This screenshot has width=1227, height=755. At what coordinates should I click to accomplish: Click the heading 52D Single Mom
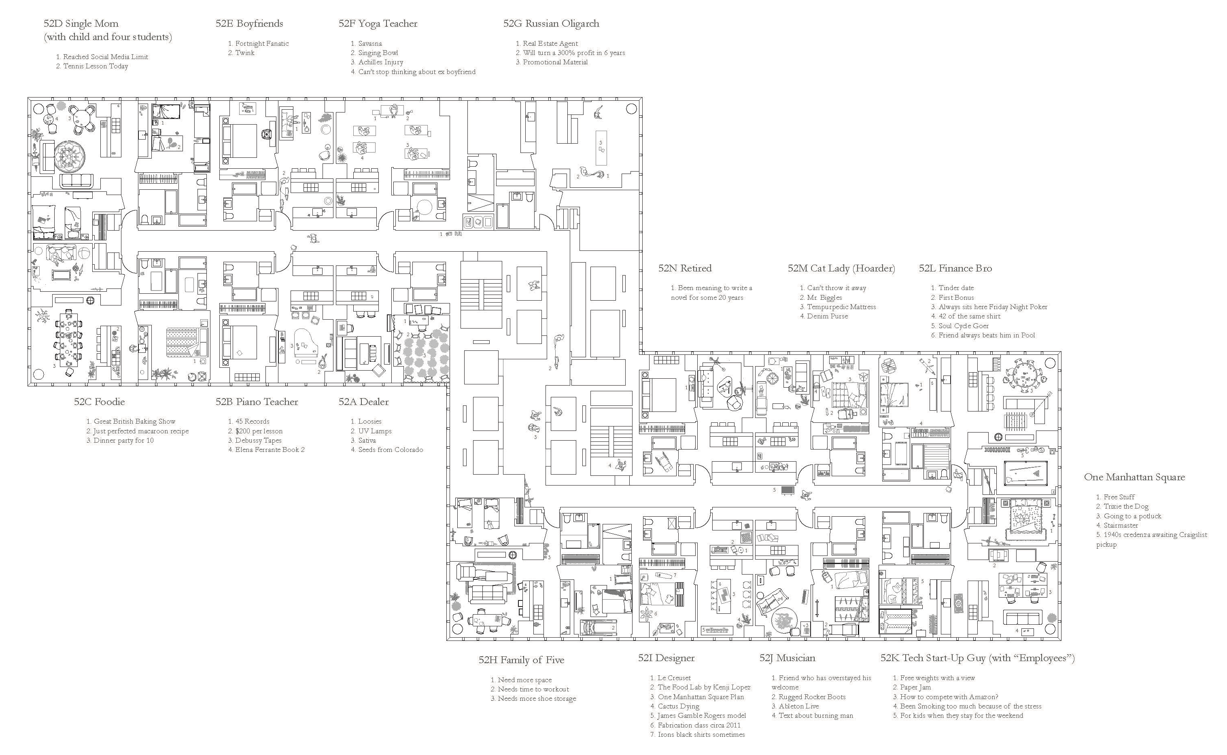pyautogui.click(x=81, y=23)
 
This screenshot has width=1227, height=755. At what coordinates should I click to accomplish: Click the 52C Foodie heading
pyautogui.click(x=100, y=401)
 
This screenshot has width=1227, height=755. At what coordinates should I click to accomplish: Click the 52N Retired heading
pyautogui.click(x=685, y=268)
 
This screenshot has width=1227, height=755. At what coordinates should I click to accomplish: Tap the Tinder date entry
pyautogui.click(x=956, y=288)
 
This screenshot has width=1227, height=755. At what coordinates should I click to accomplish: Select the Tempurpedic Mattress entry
pyautogui.click(x=841, y=307)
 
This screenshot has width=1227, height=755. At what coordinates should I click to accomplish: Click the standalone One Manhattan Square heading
pyautogui.click(x=1134, y=477)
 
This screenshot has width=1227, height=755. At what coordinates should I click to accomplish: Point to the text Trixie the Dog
pyautogui.click(x=1125, y=506)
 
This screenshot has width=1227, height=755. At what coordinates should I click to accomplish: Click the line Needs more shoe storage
pyautogui.click(x=536, y=699)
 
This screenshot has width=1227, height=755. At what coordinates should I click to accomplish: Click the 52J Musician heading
pyautogui.click(x=787, y=658)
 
